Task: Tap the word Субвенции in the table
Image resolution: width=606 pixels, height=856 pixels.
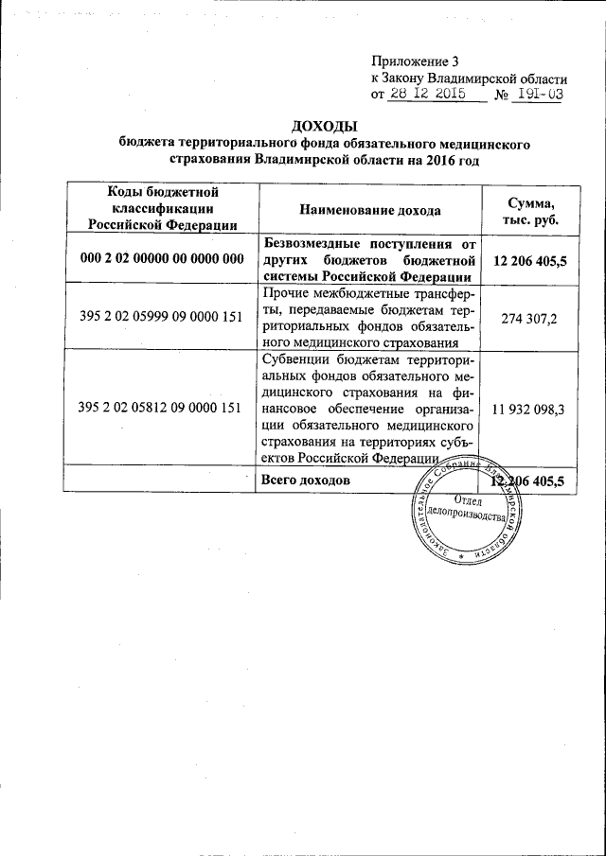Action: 295,362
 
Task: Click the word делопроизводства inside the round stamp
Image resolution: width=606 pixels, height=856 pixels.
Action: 471,515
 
